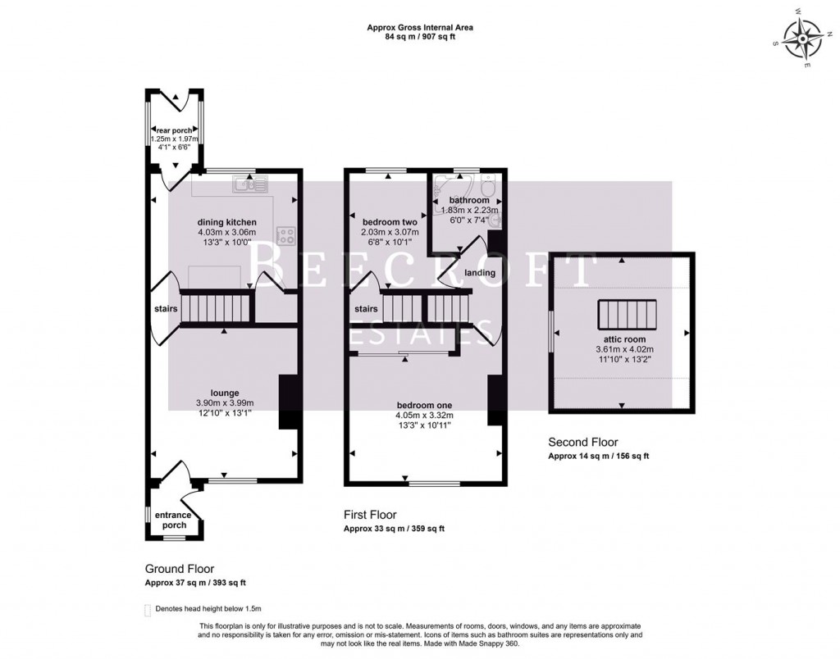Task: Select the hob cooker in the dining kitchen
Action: point(286,235)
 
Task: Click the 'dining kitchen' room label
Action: point(227,222)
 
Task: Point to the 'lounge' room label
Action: point(224,393)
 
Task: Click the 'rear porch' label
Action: point(175,130)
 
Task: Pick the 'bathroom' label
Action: point(469,200)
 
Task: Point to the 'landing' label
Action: point(480,272)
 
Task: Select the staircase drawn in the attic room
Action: point(622,314)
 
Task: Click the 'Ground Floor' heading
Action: point(180,568)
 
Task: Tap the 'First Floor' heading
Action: point(369,515)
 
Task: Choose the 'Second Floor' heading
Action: point(583,442)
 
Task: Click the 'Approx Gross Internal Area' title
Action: point(419,27)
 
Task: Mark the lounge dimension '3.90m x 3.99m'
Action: point(225,403)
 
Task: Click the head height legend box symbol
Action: point(148,610)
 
